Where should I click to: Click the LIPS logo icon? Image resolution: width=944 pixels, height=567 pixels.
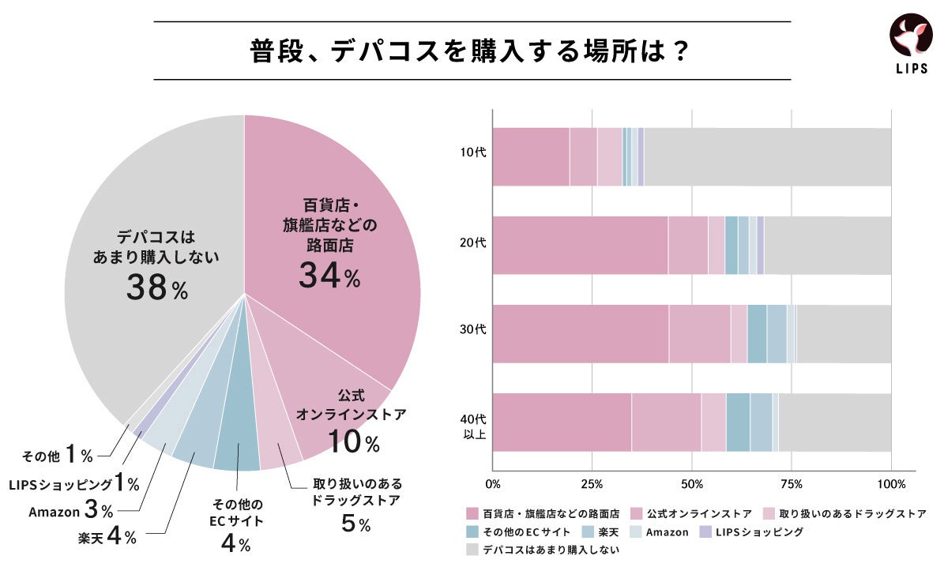[x=910, y=38]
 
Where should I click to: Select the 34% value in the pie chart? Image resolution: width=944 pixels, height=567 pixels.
[x=329, y=276]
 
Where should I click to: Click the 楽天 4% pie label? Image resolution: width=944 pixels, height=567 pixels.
[x=107, y=538]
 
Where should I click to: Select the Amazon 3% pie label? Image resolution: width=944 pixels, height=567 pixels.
[x=71, y=511]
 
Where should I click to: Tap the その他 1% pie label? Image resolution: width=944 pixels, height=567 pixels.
[x=58, y=456]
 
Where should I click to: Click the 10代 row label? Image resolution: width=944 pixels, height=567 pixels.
[x=476, y=153]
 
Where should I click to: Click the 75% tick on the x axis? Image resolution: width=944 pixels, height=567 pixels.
[x=792, y=483]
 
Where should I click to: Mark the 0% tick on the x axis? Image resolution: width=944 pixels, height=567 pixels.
[x=493, y=483]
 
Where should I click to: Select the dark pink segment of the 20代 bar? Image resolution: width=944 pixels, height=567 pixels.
[x=580, y=245]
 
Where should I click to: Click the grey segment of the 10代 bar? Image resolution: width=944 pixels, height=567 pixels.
[x=767, y=157]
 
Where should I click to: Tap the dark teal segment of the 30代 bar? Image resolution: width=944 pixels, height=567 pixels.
[x=757, y=334]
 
